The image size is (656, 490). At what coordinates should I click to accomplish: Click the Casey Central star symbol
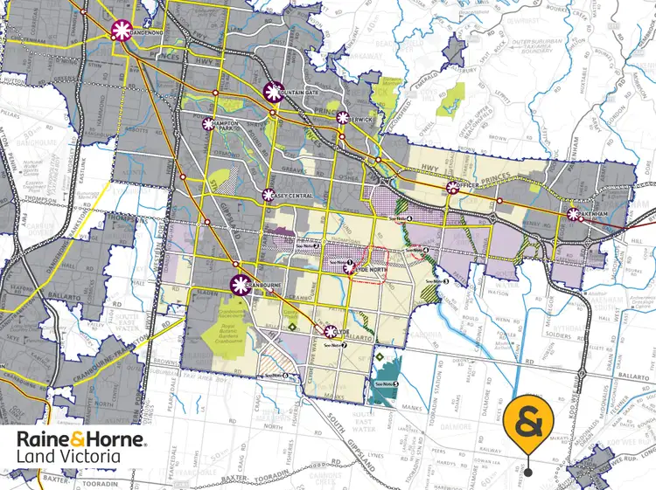[x=269, y=195]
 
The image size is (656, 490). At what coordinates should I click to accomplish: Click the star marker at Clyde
[x=331, y=331]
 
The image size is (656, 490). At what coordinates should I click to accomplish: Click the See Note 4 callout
[x=401, y=217]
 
